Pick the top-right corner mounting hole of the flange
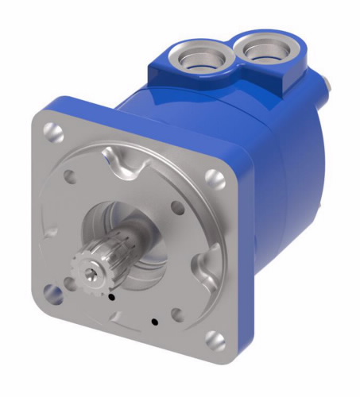click(x=214, y=179)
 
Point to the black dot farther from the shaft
click(x=153, y=322)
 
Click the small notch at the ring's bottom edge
click(x=119, y=317)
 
